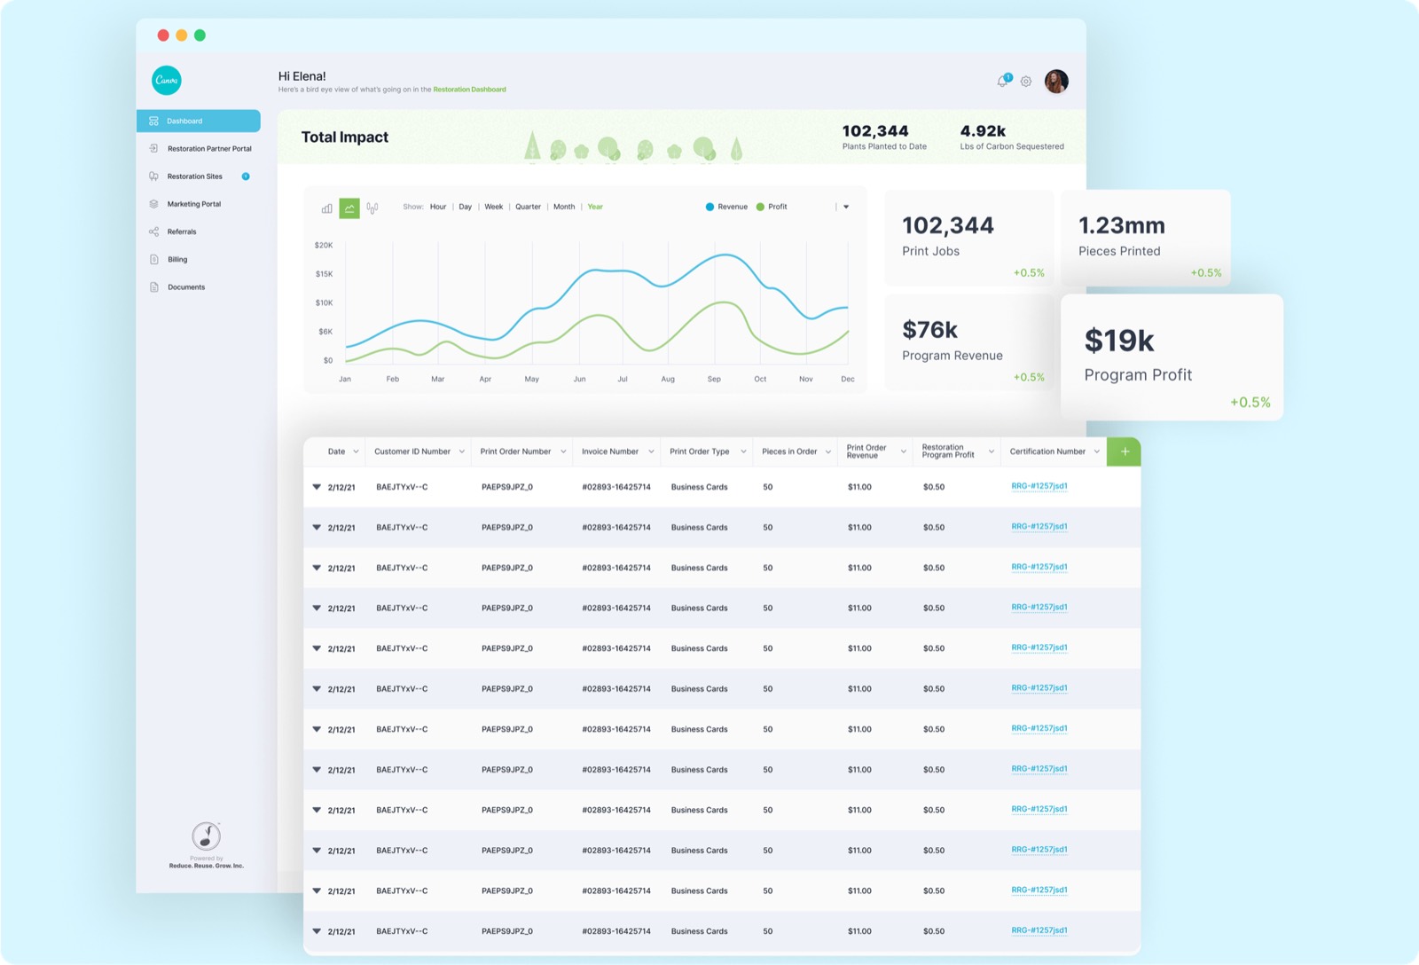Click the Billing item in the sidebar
coord(176,259)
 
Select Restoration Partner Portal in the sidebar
coord(209,148)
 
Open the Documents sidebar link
coord(185,287)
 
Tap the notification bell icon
coord(1002,81)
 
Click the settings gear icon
coord(1025,82)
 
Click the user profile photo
coord(1056,81)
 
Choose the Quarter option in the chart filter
coord(528,207)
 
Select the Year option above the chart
coord(595,207)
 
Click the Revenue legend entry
coord(726,207)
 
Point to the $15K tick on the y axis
coord(324,274)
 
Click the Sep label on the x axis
coord(714,379)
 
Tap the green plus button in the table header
coord(1124,451)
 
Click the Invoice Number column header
coord(610,451)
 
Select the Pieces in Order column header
coord(789,451)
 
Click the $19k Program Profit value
coord(1118,341)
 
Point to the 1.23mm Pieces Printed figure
coord(1121,225)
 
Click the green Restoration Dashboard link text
coord(469,90)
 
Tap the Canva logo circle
coord(167,81)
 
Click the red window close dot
coord(163,35)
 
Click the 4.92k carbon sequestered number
coord(983,131)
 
